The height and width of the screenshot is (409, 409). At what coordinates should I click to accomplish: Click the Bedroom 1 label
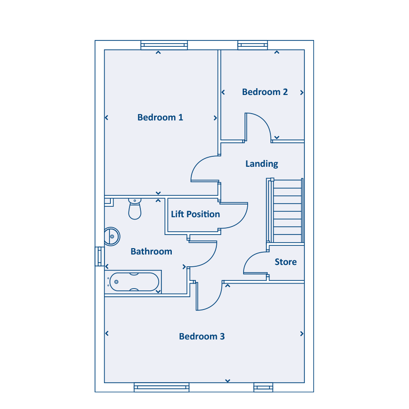(160, 117)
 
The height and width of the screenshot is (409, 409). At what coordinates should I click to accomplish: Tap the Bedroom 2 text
(265, 92)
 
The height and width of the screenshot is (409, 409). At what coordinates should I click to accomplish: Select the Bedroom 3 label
(202, 336)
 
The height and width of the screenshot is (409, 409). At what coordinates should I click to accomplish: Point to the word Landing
(262, 164)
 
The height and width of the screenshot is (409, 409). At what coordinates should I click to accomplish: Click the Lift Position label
(195, 214)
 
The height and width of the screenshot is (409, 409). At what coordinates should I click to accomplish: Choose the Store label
(286, 262)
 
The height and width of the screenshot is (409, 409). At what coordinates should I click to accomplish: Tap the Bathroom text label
(151, 251)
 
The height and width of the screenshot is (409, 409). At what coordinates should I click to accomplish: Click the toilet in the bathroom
(135, 209)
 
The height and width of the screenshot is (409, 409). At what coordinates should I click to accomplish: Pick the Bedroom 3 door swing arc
(215, 303)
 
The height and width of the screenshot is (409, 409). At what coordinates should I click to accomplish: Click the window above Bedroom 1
(164, 45)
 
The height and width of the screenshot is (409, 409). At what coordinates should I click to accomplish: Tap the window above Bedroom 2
(253, 45)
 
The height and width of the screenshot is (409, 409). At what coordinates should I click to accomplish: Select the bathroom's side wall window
(100, 257)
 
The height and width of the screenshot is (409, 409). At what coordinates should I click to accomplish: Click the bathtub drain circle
(116, 282)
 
